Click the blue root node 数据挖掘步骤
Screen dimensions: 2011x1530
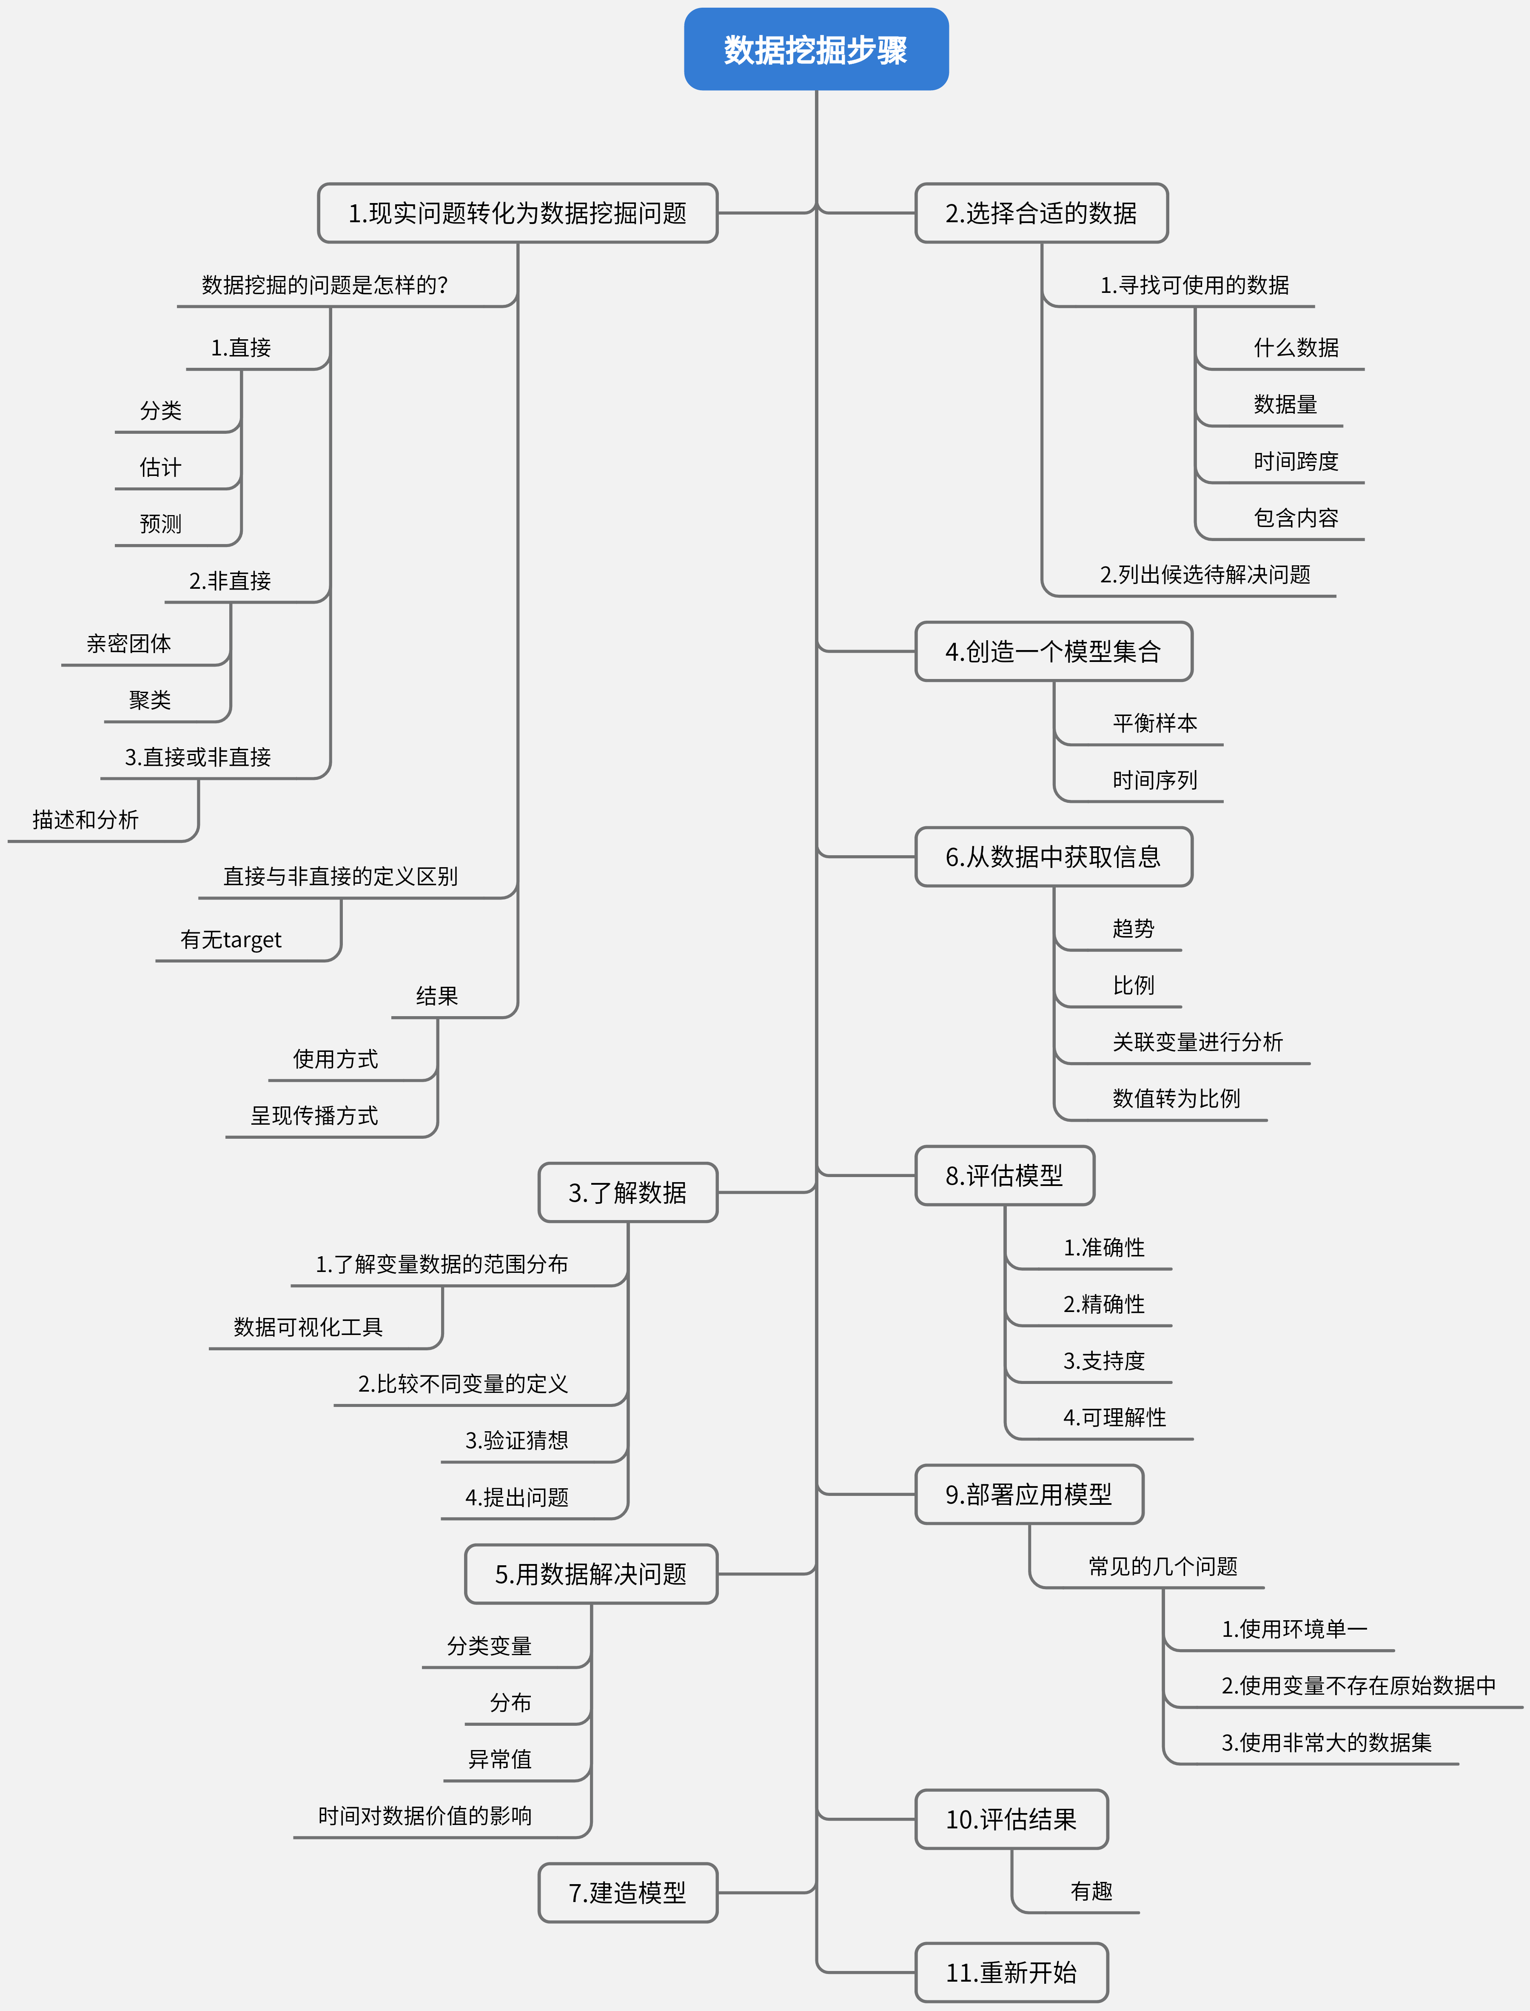816,49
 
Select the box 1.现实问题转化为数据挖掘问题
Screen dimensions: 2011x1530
517,213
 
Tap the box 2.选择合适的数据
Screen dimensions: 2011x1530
1041,213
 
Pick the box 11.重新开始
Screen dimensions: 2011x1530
1011,1973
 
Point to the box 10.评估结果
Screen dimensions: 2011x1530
1011,1820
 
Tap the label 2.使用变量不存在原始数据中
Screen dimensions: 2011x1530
1358,1686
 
